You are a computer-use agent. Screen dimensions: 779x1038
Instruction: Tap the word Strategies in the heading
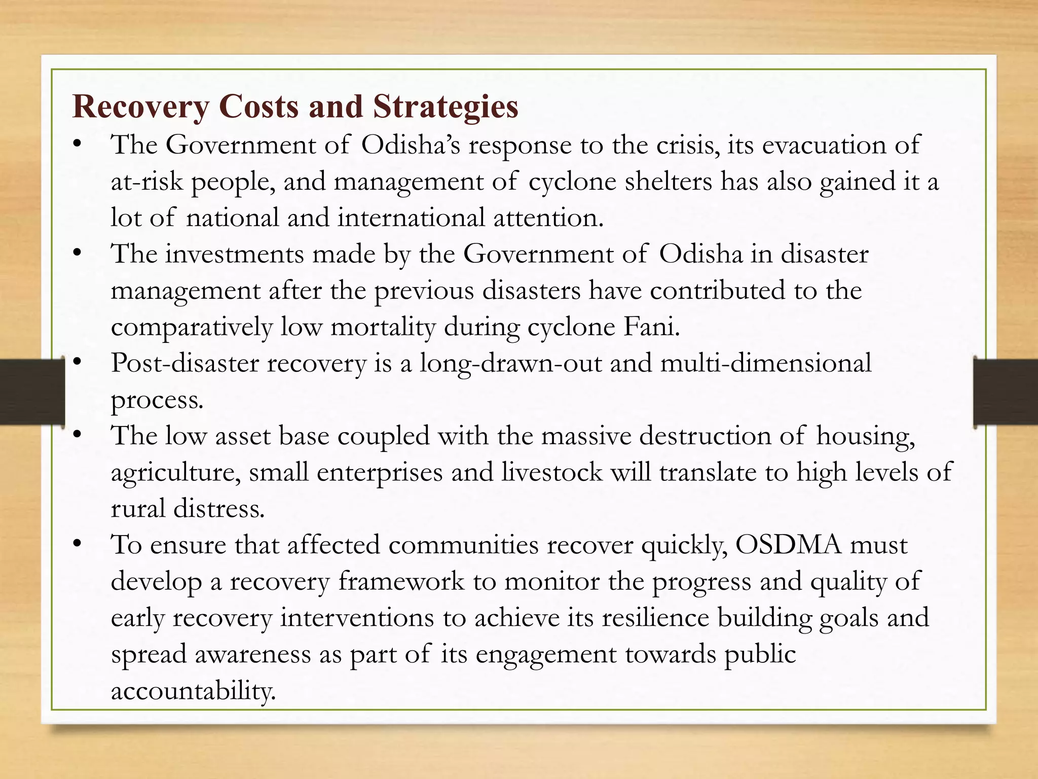point(446,108)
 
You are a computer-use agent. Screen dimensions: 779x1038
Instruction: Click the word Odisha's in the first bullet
point(411,146)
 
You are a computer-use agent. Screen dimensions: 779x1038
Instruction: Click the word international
point(411,218)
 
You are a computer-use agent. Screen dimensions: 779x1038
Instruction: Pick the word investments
point(234,254)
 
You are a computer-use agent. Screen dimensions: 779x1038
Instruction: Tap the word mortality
point(383,327)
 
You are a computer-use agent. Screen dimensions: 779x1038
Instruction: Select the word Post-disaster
point(184,364)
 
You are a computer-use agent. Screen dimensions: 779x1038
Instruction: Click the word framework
point(401,582)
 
